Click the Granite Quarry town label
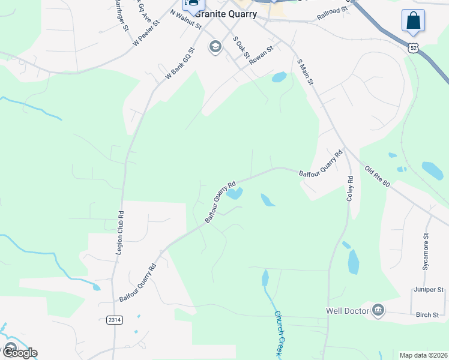pos(226,14)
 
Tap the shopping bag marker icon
pos(413,20)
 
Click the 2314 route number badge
pos(115,320)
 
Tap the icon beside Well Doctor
pos(378,310)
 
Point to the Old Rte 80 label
pos(378,176)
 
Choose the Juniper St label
pos(428,290)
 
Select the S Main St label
pos(306,71)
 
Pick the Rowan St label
pos(262,55)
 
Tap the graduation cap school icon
pos(215,47)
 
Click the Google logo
pos(19,352)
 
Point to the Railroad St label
pos(334,11)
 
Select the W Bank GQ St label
pos(181,65)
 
